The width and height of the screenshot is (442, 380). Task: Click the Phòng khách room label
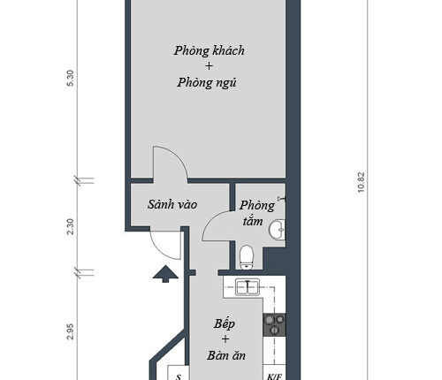[210, 50]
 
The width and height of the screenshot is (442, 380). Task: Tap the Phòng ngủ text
[207, 82]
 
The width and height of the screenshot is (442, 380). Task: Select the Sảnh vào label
[172, 204]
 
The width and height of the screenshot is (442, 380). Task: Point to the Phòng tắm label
[256, 213]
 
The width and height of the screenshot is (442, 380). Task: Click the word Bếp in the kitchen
[225, 324]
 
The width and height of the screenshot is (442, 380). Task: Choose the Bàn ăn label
[226, 355]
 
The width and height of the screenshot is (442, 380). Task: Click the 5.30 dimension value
[71, 78]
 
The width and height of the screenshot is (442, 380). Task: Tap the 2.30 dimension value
[71, 226]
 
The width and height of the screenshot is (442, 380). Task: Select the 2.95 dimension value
[71, 331]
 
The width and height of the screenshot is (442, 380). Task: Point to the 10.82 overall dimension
[361, 182]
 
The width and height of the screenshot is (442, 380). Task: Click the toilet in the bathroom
[247, 257]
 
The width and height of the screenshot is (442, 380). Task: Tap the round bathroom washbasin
[277, 229]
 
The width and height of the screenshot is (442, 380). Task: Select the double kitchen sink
[248, 287]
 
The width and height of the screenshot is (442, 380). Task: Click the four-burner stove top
[274, 325]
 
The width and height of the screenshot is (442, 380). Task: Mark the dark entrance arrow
[165, 274]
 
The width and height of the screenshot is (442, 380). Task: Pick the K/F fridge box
[274, 372]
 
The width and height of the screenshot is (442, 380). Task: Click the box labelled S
[179, 373]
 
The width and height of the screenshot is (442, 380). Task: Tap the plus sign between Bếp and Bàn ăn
[225, 339]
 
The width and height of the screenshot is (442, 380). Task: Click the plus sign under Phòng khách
[209, 65]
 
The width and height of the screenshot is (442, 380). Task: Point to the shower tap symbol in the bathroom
[282, 199]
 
